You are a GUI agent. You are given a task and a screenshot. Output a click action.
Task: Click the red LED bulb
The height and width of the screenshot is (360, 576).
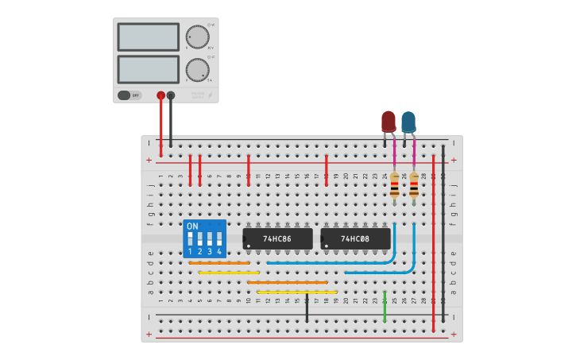(388, 121)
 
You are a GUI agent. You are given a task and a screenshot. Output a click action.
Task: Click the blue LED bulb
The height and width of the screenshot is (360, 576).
(408, 122)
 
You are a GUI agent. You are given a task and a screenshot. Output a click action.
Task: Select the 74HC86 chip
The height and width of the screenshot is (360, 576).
(277, 238)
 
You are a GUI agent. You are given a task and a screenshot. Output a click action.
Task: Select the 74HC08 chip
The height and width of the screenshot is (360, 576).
(355, 238)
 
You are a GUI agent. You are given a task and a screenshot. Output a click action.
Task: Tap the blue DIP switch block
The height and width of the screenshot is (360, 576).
(204, 238)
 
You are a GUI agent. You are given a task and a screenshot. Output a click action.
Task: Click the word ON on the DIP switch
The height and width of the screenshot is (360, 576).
(192, 226)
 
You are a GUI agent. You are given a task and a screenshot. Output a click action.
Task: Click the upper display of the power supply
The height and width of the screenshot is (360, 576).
(149, 37)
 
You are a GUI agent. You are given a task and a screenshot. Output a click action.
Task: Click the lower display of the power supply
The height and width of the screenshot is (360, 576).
(149, 69)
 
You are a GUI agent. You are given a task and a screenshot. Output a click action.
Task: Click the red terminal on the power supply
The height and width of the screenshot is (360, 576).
(160, 95)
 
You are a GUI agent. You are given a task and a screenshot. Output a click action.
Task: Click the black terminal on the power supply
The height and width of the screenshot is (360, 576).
(171, 95)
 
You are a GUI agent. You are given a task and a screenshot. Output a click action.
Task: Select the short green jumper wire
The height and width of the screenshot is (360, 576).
(385, 307)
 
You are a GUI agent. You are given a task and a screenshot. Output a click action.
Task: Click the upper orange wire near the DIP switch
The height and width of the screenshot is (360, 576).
(219, 262)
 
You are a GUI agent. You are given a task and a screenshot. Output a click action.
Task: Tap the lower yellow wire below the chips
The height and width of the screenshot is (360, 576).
(296, 292)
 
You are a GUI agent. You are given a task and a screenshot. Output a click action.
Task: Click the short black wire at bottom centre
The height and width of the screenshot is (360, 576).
(307, 308)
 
